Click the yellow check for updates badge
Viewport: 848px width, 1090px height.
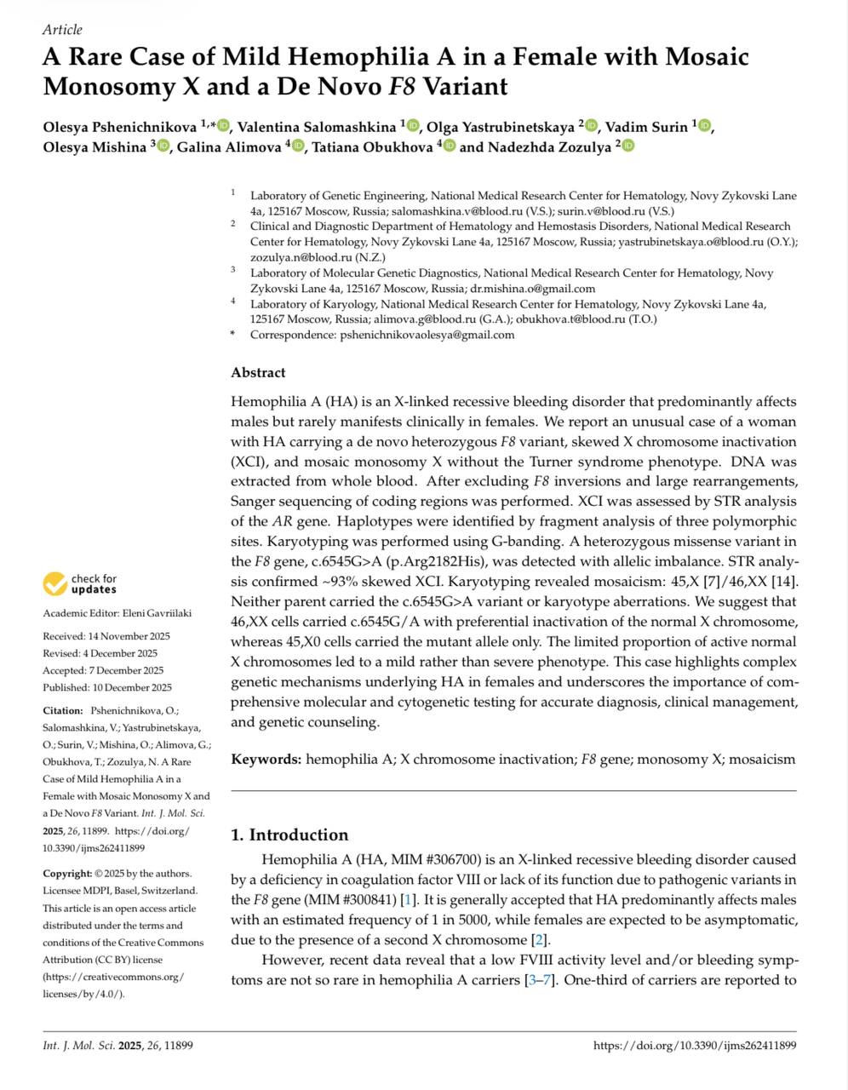[55, 584]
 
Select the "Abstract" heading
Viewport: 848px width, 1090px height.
[258, 372]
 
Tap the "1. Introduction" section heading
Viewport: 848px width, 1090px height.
[289, 835]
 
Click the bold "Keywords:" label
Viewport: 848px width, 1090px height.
[266, 759]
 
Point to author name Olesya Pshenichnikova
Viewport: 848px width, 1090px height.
[120, 127]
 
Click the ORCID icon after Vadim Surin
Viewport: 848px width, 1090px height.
[704, 127]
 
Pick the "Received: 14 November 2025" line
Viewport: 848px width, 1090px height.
[106, 636]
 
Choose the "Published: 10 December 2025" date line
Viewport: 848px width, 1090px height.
[107, 687]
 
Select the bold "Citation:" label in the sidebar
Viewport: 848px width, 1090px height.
[63, 710]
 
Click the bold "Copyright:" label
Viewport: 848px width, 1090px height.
[67, 873]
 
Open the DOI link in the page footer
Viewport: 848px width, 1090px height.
[694, 1046]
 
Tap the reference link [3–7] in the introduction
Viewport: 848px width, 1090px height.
[541, 980]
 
